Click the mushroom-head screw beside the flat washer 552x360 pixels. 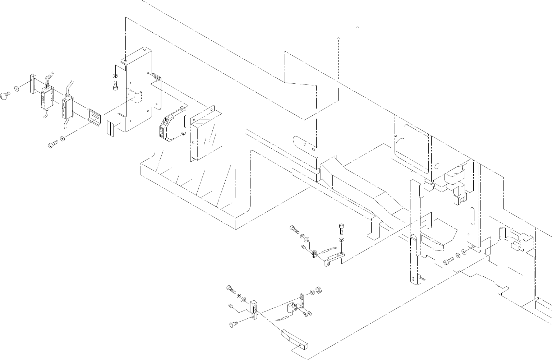[x=5, y=96]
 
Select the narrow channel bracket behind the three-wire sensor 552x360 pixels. [x=32, y=83]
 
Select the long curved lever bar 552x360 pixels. [x=294, y=340]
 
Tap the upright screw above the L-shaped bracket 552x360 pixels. [x=341, y=228]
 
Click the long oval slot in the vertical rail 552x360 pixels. [x=471, y=215]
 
